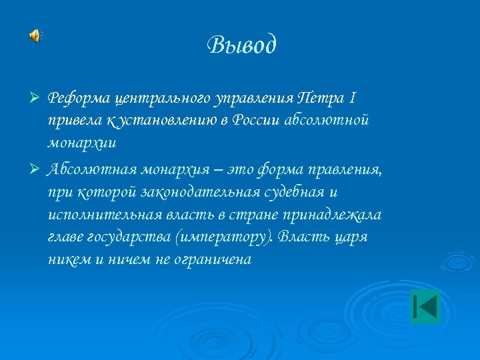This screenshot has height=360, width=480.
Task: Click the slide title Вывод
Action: coord(241,45)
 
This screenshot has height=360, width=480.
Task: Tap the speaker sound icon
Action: coord(35,36)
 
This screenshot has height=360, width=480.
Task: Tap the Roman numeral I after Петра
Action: coord(352,99)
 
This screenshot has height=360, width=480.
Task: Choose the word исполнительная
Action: coord(98,215)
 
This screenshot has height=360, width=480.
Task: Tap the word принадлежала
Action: coord(337,215)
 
